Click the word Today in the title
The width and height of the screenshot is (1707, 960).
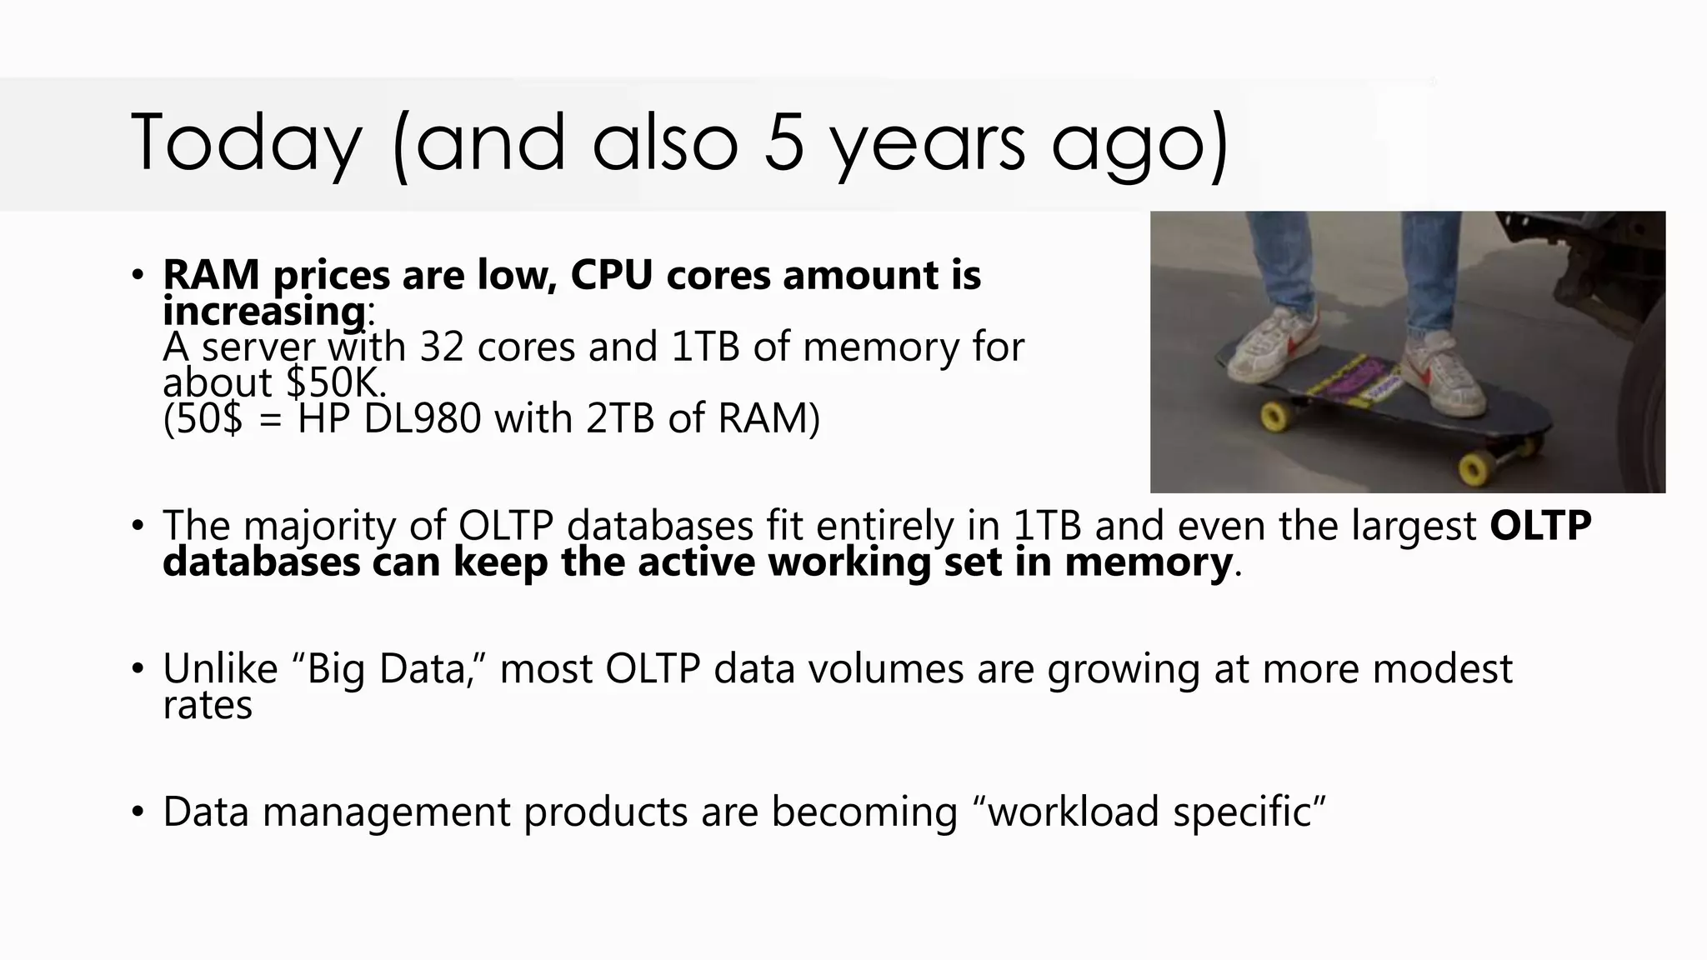click(246, 143)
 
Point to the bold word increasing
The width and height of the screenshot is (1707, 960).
click(263, 312)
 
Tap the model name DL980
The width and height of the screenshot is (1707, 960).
click(423, 417)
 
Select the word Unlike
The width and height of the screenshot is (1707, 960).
click(220, 669)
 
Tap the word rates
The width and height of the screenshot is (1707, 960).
click(207, 706)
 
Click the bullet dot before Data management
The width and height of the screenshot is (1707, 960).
click(138, 812)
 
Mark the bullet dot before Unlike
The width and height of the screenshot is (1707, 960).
click(138, 668)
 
